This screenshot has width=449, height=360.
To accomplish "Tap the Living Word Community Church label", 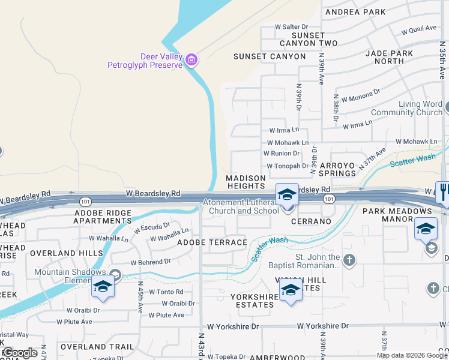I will click(x=415, y=109).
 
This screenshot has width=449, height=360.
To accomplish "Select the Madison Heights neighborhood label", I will click(x=246, y=182).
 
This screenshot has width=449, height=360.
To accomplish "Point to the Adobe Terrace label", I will click(x=212, y=242).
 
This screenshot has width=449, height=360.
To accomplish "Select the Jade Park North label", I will click(x=393, y=57).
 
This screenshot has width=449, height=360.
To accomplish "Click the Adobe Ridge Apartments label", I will click(x=101, y=217).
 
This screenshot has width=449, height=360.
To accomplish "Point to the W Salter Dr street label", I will click(x=291, y=27).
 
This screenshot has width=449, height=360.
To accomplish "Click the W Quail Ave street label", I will click(x=419, y=29).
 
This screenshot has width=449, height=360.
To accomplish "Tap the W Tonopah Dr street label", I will click(x=287, y=166).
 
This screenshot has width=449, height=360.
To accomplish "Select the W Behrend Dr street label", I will click(x=151, y=262).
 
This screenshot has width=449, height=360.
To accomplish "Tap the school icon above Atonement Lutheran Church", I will click(x=287, y=194).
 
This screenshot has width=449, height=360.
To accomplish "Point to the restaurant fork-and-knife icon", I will click(x=443, y=190).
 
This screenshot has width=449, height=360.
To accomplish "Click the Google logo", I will click(x=20, y=353).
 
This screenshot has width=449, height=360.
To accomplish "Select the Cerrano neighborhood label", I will click(x=312, y=221).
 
